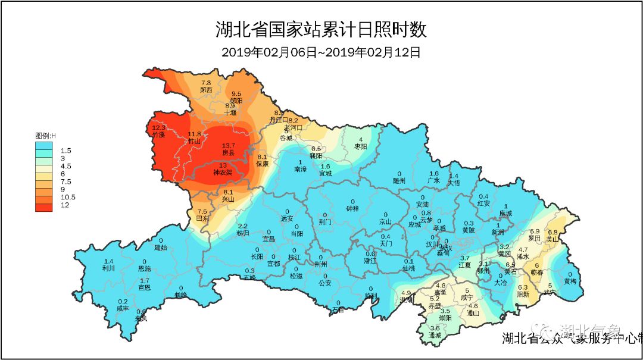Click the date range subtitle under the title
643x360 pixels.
click(321, 52)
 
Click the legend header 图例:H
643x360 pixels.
click(45, 136)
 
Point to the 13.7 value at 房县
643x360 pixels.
click(229, 146)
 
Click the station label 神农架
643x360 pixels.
click(224, 173)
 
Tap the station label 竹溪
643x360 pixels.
click(159, 135)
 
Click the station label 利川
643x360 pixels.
click(108, 268)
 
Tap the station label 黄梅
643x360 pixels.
click(570, 281)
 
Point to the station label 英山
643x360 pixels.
click(553, 239)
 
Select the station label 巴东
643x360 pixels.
click(202, 219)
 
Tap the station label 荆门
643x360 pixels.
click(325, 223)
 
